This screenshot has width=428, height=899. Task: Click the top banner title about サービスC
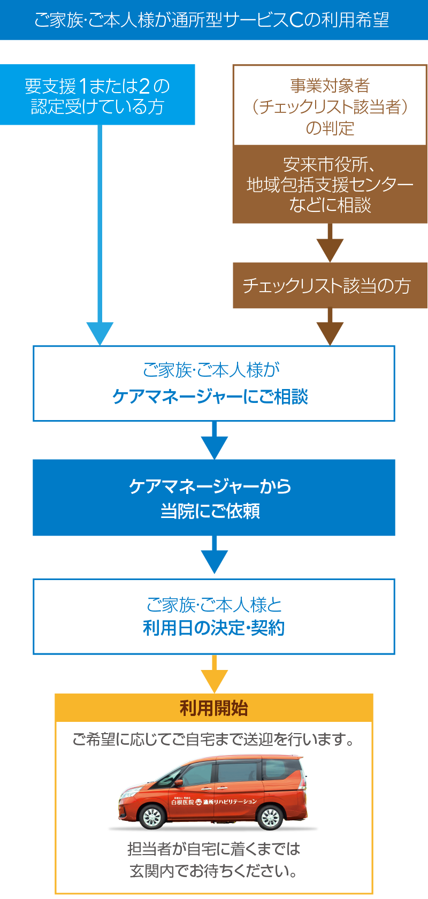click(x=212, y=20)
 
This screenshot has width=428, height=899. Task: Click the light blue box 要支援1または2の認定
click(x=97, y=95)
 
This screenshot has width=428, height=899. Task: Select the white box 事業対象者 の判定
click(x=330, y=106)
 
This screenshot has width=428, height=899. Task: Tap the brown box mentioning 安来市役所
click(x=330, y=185)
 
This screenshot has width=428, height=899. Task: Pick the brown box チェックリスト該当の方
click(x=330, y=285)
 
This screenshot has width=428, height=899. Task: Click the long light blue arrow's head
click(x=100, y=333)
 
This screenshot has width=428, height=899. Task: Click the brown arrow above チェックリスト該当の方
click(x=330, y=247)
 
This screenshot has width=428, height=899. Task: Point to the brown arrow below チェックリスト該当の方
click(x=330, y=332)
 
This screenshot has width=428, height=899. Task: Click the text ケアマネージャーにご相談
click(x=210, y=397)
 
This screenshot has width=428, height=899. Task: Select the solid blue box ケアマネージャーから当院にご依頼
click(x=213, y=498)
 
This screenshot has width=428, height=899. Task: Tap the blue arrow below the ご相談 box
click(x=214, y=444)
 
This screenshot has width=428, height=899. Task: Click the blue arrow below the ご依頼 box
click(x=214, y=559)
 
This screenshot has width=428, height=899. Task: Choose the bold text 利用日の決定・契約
click(x=213, y=628)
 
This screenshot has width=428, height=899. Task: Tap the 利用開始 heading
click(x=213, y=708)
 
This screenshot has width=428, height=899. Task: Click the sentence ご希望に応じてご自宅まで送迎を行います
click(x=213, y=740)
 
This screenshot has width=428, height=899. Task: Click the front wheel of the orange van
click(x=152, y=817)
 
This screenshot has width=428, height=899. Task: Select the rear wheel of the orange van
click(x=270, y=817)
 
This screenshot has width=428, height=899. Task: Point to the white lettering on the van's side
click(x=214, y=802)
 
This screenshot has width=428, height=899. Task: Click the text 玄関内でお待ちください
click(x=213, y=871)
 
